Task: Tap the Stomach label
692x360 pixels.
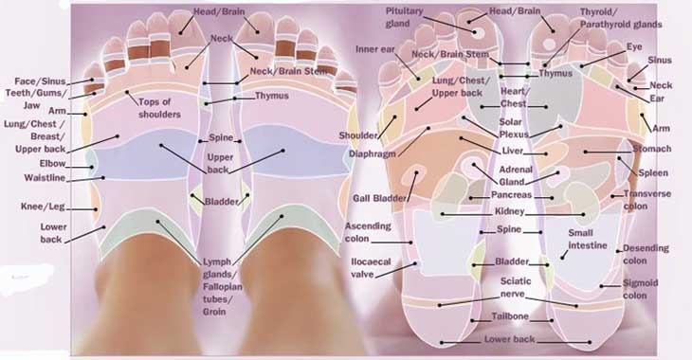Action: pyautogui.click(x=650, y=149)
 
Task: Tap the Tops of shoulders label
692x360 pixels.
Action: pyautogui.click(x=159, y=108)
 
